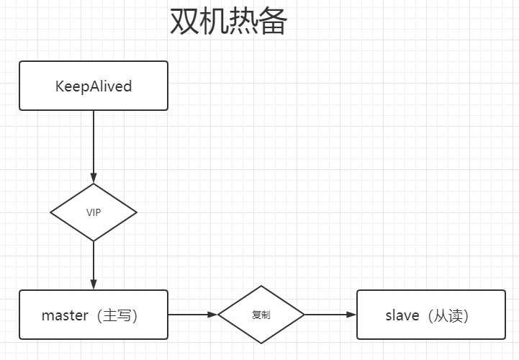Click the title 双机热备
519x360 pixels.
point(228,22)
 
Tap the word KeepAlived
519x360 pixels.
point(94,86)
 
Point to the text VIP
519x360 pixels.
point(94,212)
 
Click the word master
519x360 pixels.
point(64,315)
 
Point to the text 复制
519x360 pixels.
point(261,315)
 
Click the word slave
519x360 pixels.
point(402,315)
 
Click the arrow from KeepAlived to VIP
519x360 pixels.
point(94,144)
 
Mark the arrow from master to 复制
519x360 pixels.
point(191,315)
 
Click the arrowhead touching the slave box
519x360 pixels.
point(351,315)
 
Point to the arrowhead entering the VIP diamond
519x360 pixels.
point(94,178)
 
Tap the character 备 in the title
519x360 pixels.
point(273,22)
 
